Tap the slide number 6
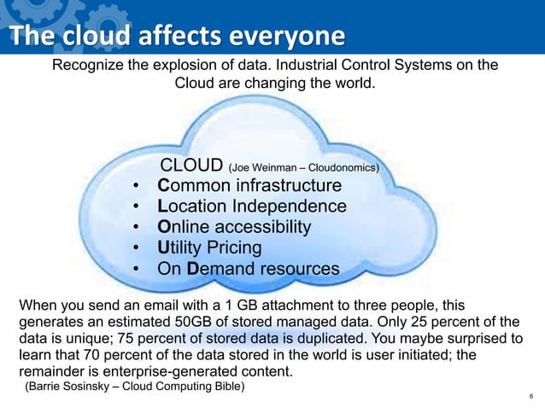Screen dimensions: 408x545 (x=531, y=397)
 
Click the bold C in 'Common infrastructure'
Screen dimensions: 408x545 (x=165, y=186)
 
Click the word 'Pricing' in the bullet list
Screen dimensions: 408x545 (x=231, y=248)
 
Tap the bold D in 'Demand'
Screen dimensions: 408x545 (x=193, y=269)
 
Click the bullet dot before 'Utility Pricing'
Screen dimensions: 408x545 (x=137, y=248)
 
